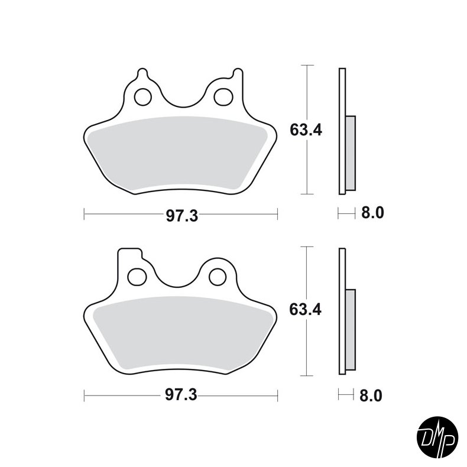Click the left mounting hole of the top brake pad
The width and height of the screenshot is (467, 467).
coord(142,96)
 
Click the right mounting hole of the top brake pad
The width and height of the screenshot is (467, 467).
coord(222,96)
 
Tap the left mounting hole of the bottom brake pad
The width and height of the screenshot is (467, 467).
coord(137,276)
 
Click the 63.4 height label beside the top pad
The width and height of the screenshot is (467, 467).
coord(305,130)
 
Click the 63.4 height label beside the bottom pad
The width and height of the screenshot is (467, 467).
coord(305,310)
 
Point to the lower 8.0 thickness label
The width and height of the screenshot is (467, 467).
coord(372,395)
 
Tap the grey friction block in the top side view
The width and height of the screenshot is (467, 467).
coord(350,153)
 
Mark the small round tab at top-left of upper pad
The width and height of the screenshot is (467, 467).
coord(142,74)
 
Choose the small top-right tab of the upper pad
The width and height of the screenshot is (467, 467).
coord(238,74)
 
